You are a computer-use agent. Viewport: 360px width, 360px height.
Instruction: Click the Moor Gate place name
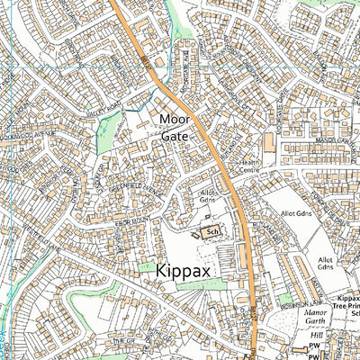pyautogui.click(x=175, y=127)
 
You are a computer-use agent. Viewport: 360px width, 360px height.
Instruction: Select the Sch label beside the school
pyautogui.click(x=211, y=231)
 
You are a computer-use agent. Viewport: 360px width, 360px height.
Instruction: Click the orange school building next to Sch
pyautogui.click(x=197, y=232)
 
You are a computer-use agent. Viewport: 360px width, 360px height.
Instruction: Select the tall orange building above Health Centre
pyautogui.click(x=267, y=144)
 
